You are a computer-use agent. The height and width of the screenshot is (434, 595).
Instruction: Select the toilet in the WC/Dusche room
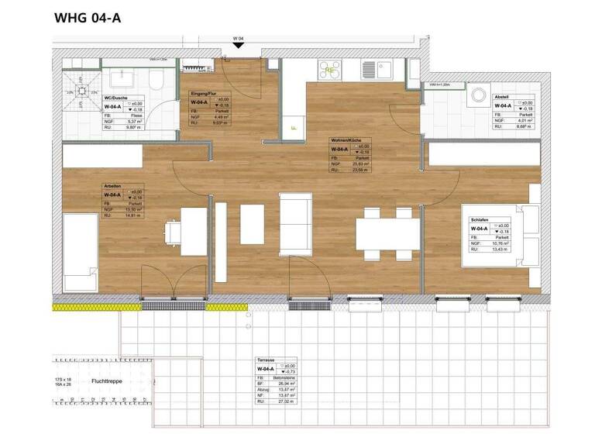pos(156,80)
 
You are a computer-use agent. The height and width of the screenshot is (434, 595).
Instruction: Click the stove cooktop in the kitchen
pos(330,70)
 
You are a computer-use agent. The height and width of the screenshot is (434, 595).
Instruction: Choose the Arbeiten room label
pos(113,186)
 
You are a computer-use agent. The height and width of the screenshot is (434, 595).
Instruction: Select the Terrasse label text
pos(266,361)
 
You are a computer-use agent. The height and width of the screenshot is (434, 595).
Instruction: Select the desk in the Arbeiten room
pos(194,231)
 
